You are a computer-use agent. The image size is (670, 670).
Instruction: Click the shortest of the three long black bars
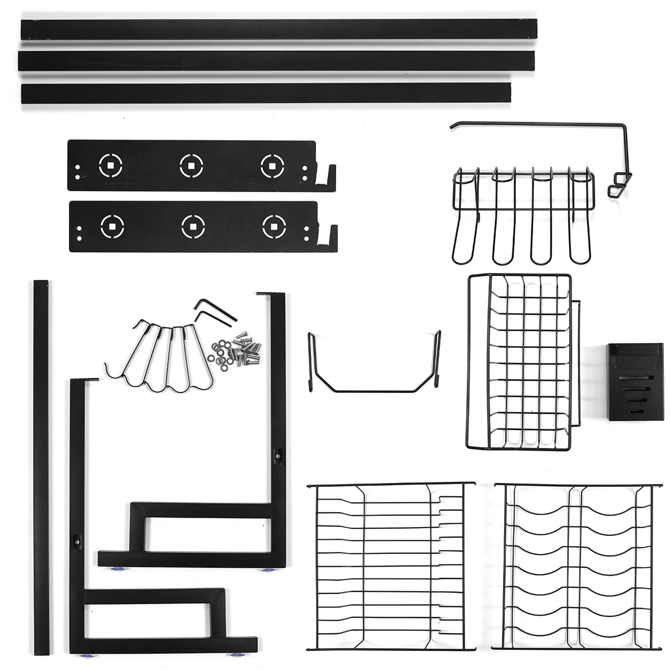266,93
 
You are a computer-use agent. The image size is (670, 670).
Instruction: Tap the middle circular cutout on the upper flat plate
192,165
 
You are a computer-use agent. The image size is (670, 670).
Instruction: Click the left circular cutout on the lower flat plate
112,226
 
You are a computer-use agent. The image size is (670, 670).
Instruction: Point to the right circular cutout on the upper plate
272,165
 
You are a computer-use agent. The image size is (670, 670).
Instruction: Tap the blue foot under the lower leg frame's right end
237,653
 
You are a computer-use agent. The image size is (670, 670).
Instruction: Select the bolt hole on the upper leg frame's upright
278,456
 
